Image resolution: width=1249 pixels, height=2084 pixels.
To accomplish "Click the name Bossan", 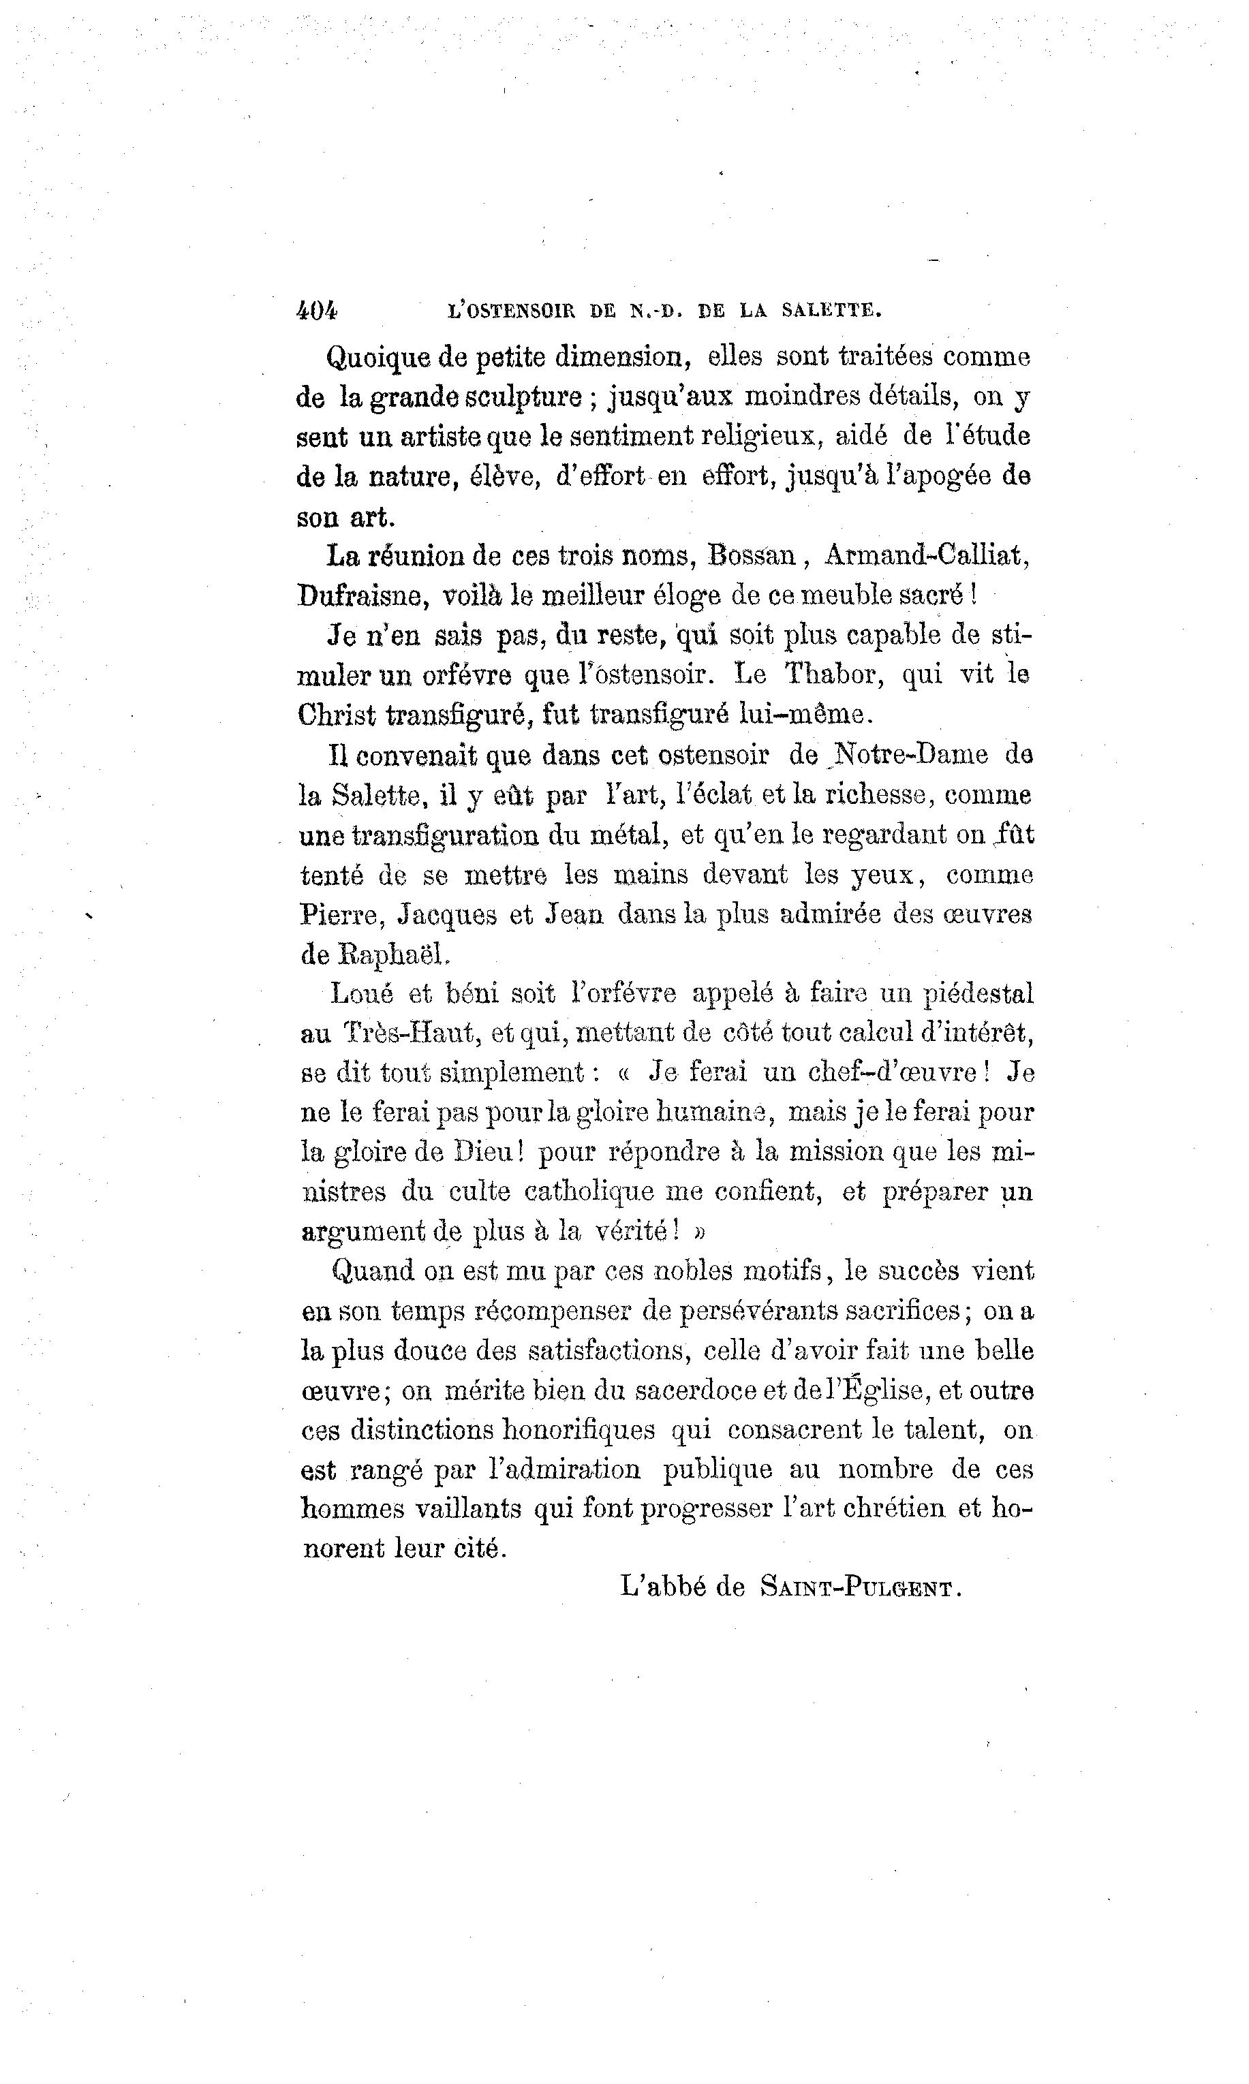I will click(752, 555).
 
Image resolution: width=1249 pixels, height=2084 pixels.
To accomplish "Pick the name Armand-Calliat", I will click(926, 555).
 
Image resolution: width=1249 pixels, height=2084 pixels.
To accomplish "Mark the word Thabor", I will click(833, 674).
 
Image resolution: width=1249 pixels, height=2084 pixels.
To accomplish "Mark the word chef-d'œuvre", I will click(892, 1074).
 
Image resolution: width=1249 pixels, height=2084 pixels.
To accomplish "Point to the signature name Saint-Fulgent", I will click(859, 1589).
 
